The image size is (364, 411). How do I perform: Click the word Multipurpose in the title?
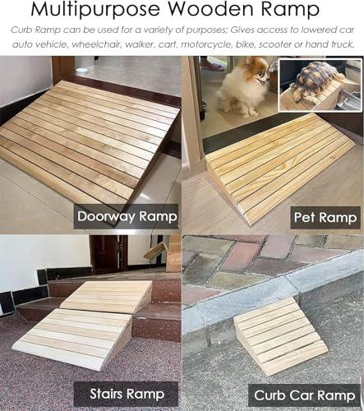95,9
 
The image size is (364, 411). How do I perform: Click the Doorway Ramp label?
127,216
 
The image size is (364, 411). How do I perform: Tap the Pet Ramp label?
325,218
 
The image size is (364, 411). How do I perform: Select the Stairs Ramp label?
127,394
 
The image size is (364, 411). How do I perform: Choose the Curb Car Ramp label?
304,395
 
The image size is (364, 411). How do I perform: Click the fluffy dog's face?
259,73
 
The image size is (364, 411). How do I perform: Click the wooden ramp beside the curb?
280,335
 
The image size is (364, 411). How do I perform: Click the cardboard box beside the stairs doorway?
173,253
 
